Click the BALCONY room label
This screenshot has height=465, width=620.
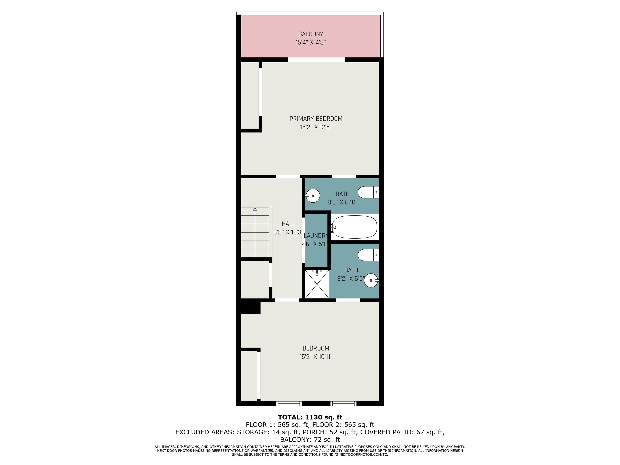pos(311,34)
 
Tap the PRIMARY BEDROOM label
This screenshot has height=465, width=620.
pos(316,118)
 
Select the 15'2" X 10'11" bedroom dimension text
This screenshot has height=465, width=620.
pos(316,357)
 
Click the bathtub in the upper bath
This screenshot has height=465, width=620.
pos(354,227)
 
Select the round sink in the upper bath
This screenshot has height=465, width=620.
pos(312,195)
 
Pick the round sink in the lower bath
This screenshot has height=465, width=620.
pos(371,280)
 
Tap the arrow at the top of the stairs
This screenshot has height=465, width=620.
pos(255,209)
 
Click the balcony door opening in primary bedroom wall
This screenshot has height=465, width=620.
pos(317,60)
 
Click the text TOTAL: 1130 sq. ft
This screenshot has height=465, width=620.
pos(310,417)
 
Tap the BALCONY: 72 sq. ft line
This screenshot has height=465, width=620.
pos(310,440)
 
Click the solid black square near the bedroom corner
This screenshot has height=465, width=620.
pos(249,306)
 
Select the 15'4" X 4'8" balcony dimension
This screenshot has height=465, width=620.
pos(311,43)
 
